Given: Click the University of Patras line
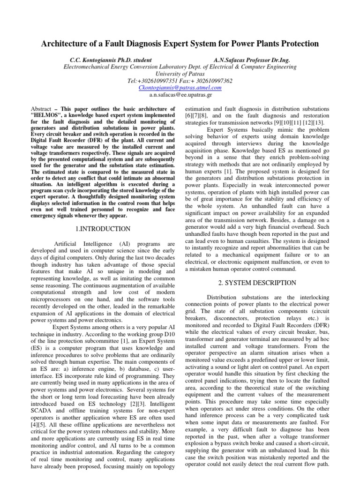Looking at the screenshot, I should click(180, 74).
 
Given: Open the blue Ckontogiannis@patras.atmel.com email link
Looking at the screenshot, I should click(180, 88).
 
